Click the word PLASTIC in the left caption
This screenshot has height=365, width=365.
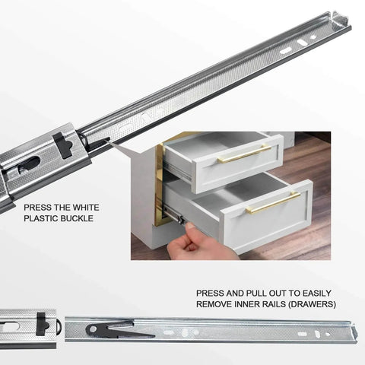[41, 219]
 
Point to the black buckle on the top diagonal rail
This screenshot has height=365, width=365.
[64, 144]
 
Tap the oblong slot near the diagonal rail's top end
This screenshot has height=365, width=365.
[286, 50]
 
